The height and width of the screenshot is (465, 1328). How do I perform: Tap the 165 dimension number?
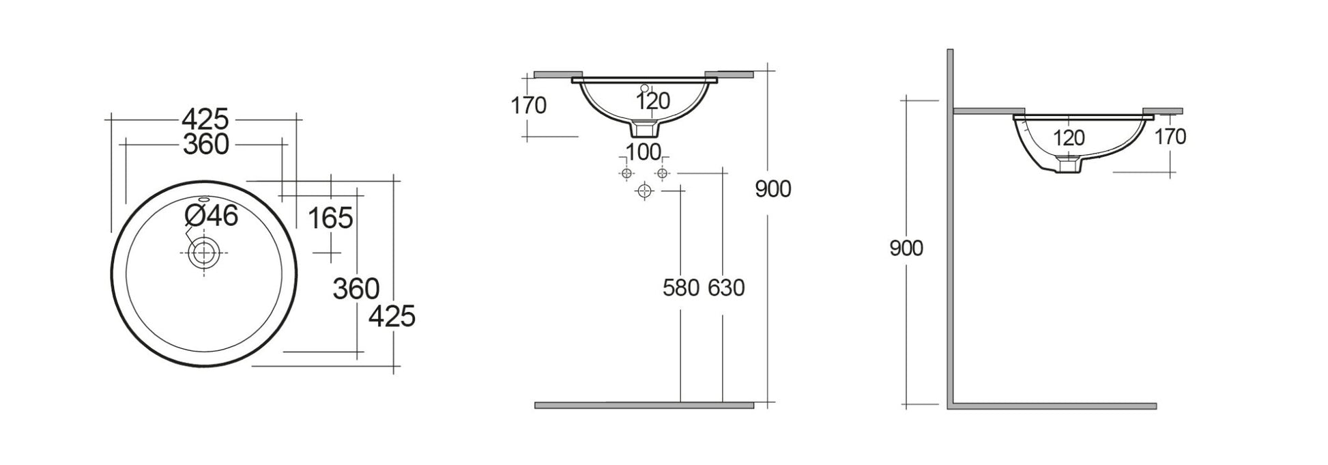pos(330,219)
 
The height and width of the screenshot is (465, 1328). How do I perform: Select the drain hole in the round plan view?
pos(203,253)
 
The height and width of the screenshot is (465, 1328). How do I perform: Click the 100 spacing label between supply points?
pos(643,152)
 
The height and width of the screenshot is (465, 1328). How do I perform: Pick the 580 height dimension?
pos(681,288)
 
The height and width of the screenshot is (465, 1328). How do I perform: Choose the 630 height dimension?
pos(725,288)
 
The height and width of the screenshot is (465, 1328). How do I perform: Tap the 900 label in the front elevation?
pos(773,189)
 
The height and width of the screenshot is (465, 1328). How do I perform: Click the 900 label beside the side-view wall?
pos(906,249)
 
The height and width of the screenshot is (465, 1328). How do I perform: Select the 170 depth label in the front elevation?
pos(529,106)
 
